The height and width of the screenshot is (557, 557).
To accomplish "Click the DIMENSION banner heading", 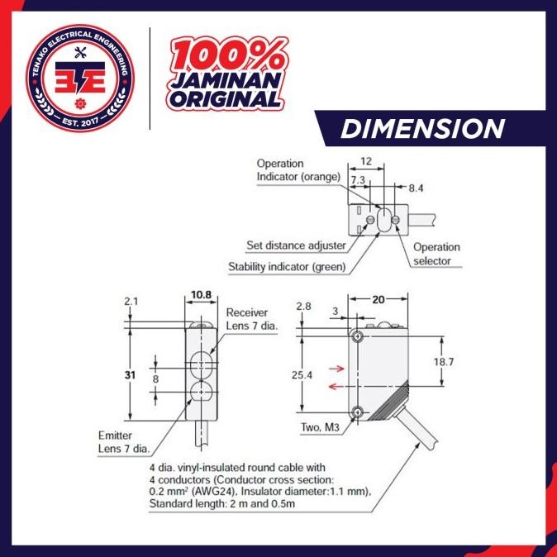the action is coord(422,129).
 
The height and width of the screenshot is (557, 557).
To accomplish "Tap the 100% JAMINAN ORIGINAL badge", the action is coord(226,74).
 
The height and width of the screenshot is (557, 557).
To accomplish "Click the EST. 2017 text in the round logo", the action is coord(80,121).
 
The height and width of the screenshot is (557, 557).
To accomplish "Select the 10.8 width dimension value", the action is coord(201,295).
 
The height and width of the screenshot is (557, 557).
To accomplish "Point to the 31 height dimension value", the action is coord(130,374).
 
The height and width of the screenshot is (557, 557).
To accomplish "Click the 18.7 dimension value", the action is coord(443,362).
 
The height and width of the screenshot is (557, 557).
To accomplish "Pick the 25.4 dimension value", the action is coord(302,374).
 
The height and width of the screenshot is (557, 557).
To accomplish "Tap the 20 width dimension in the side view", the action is coord(378,300).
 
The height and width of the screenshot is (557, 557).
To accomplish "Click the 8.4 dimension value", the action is coord(416,188).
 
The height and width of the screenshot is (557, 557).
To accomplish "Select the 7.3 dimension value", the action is coord(358,180).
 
